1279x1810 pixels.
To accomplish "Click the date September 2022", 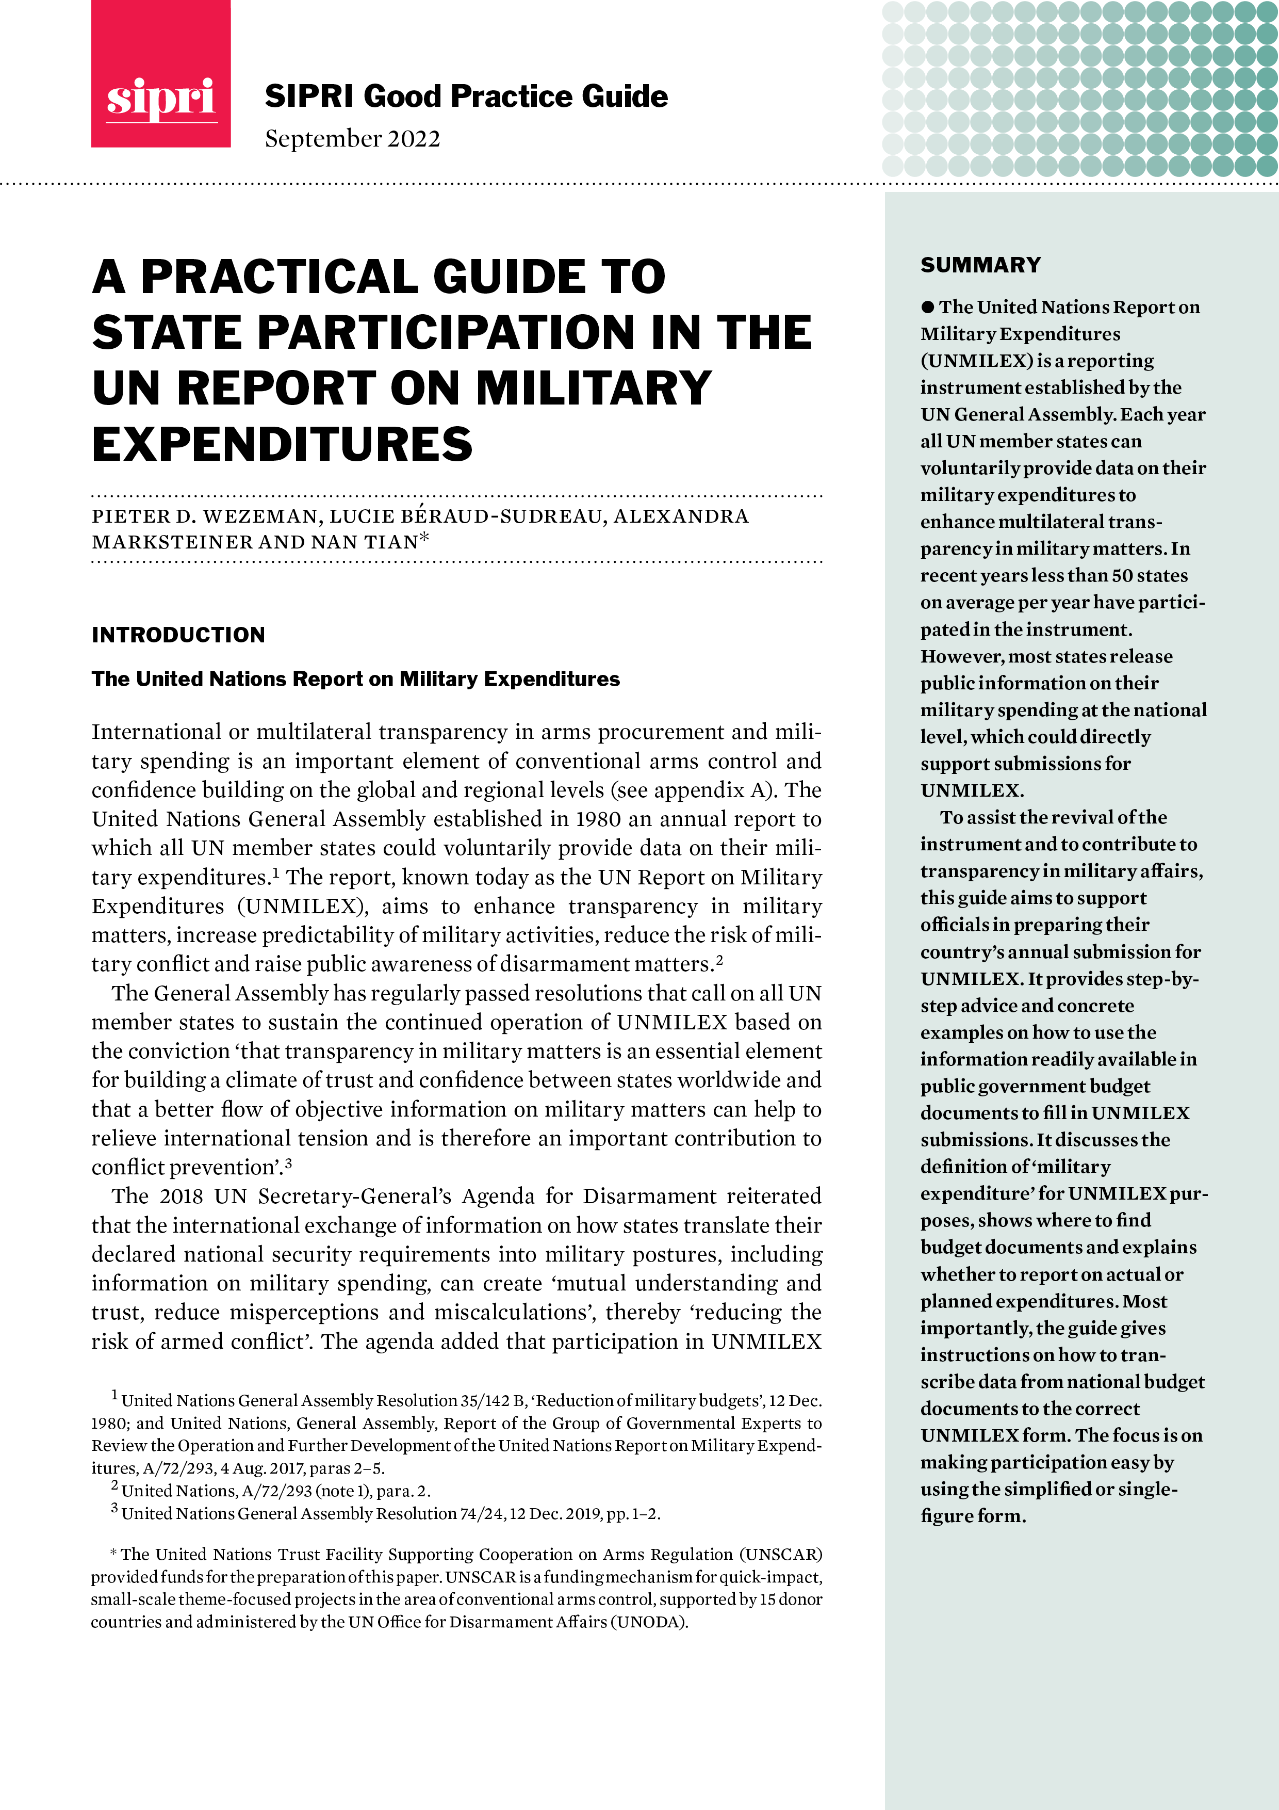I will [352, 139].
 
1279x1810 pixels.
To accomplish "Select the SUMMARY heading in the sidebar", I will [980, 265].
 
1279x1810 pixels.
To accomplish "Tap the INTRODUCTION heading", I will [178, 635].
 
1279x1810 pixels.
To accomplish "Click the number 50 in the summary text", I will [1123, 575].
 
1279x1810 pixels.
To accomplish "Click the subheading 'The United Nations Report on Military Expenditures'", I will [355, 679].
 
